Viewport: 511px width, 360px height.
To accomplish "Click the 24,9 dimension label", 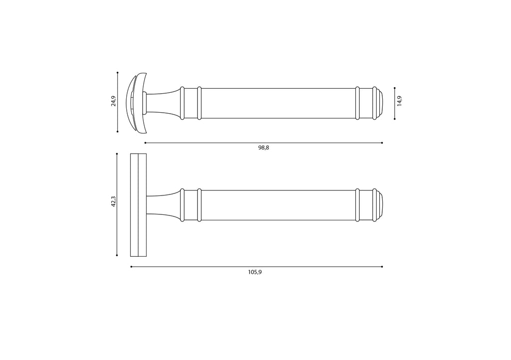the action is [113, 101].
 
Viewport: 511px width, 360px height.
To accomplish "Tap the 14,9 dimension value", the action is [400, 101].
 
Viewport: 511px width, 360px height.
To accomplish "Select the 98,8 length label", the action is [263, 148].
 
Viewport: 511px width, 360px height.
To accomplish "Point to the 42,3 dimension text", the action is [113, 201].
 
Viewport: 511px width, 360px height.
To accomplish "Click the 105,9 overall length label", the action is [255, 272].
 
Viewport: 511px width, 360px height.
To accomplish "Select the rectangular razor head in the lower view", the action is [139, 205].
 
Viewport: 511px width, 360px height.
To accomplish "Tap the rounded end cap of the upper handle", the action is [379, 103].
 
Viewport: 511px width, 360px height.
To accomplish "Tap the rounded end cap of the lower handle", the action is [379, 205].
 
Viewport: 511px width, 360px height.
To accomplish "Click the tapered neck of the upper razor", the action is [163, 103].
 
